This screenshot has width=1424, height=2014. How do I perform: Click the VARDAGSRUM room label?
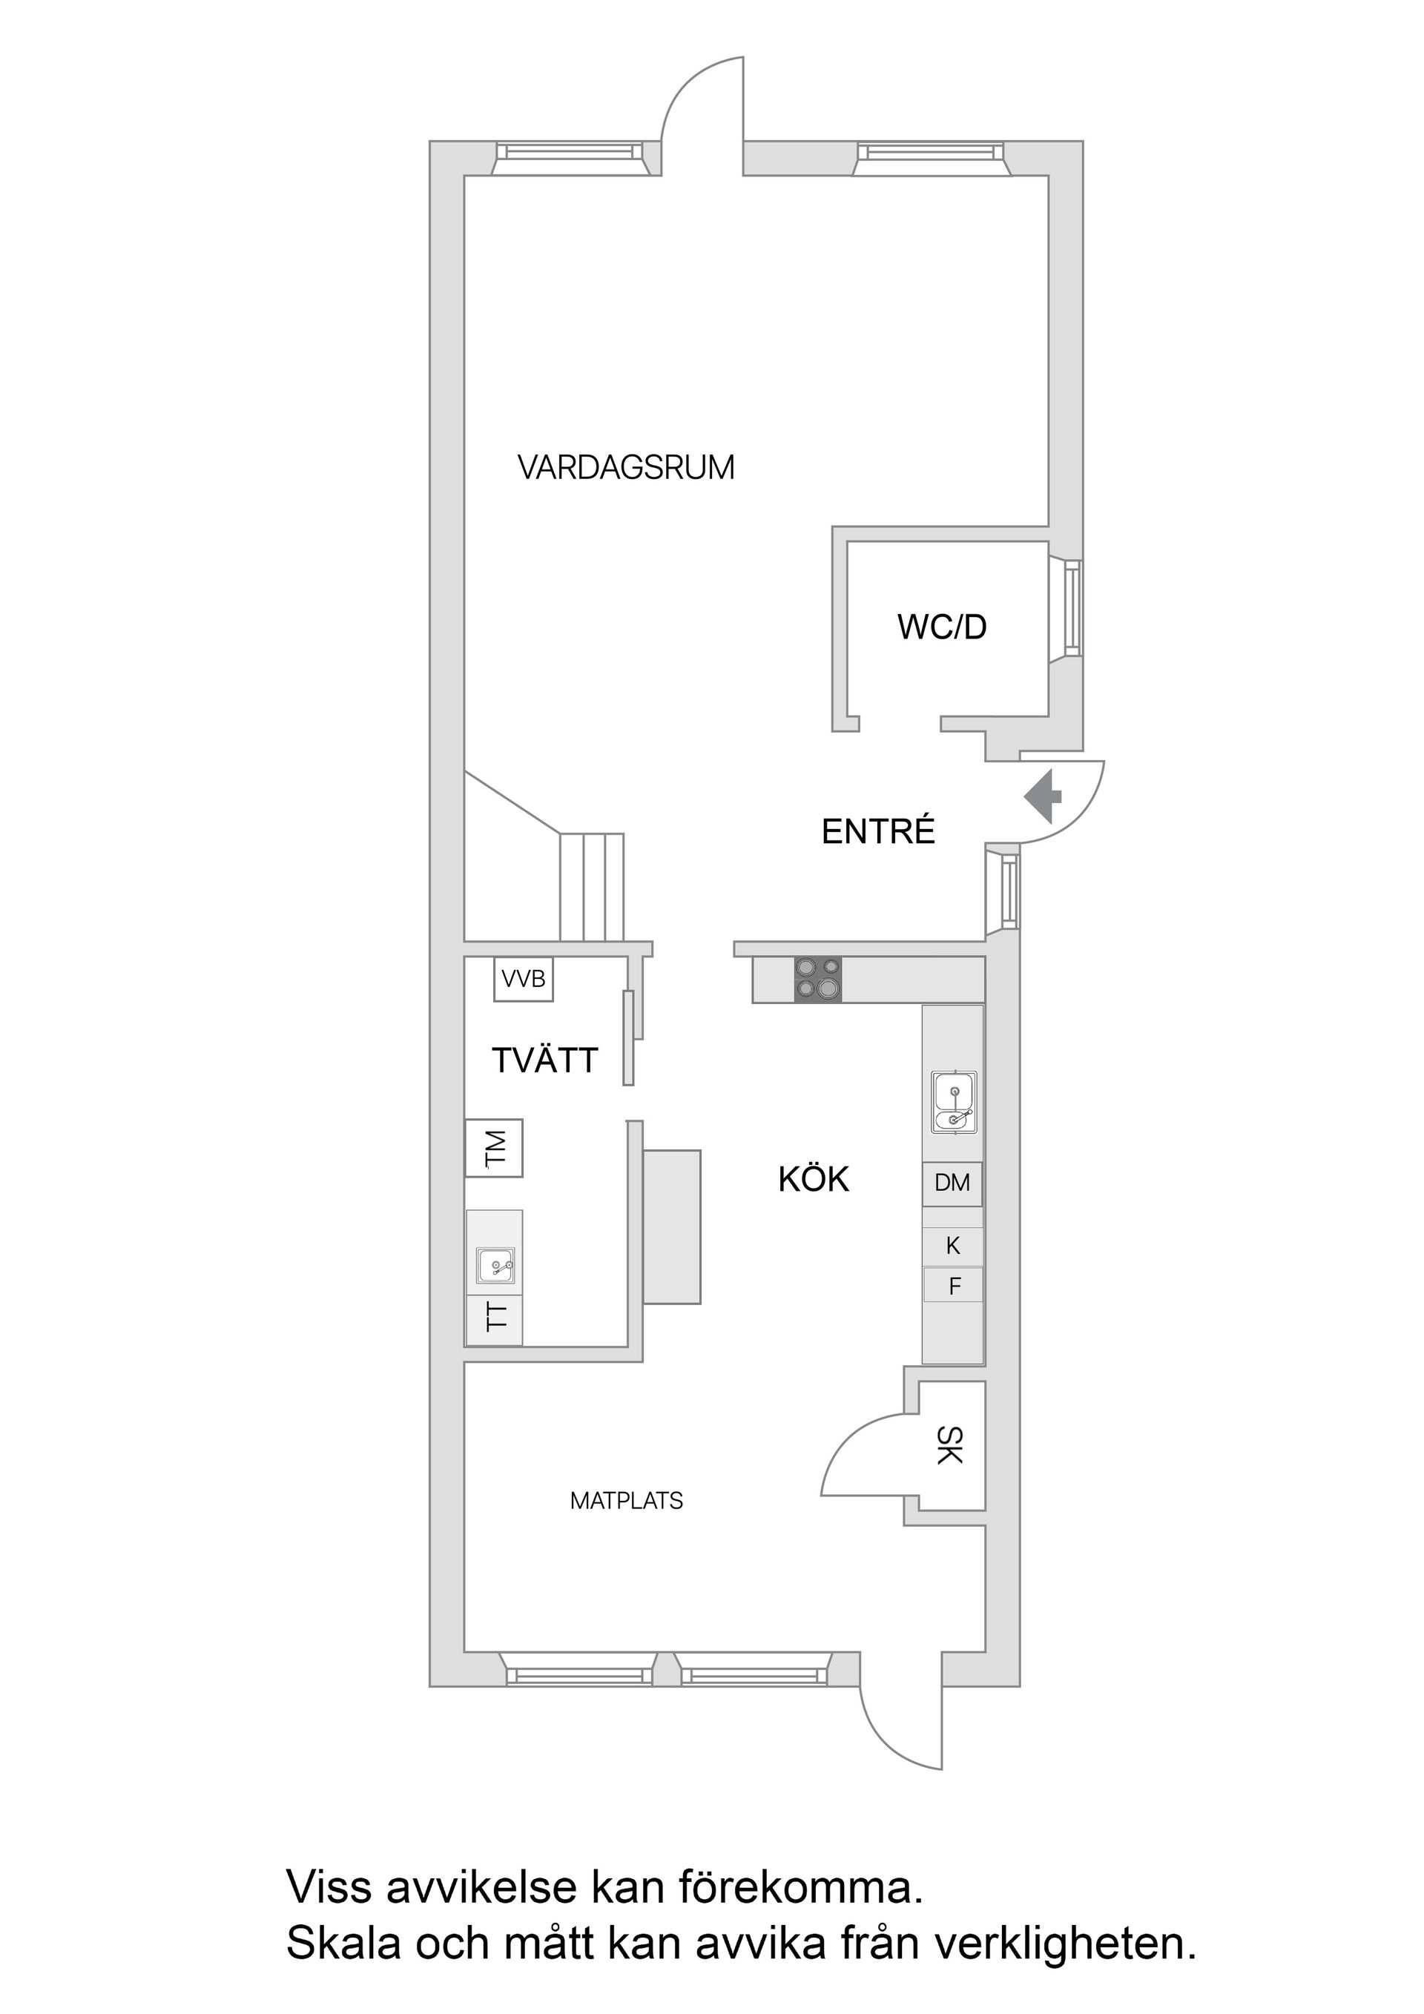point(625,467)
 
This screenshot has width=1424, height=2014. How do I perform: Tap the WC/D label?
point(941,627)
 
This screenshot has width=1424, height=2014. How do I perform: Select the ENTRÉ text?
point(878,831)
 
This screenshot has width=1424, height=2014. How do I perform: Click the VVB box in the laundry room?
point(524,979)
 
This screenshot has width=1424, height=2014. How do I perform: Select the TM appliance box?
point(494,1148)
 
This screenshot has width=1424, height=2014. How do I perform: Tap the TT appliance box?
point(495,1318)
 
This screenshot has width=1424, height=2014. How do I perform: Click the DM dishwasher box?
point(952,1183)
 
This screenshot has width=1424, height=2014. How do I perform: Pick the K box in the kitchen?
point(953,1246)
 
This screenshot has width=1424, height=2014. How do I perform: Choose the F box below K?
point(954,1287)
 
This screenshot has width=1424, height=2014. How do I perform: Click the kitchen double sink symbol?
point(955,1103)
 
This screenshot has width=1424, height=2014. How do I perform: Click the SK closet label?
point(950,1445)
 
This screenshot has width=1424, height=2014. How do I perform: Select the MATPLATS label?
point(627,1501)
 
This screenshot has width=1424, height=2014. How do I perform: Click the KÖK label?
point(814,1180)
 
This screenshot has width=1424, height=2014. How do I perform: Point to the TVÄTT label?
point(545,1060)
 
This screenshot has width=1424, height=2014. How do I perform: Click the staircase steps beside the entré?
point(593,886)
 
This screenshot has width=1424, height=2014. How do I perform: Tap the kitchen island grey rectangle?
point(672,1227)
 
